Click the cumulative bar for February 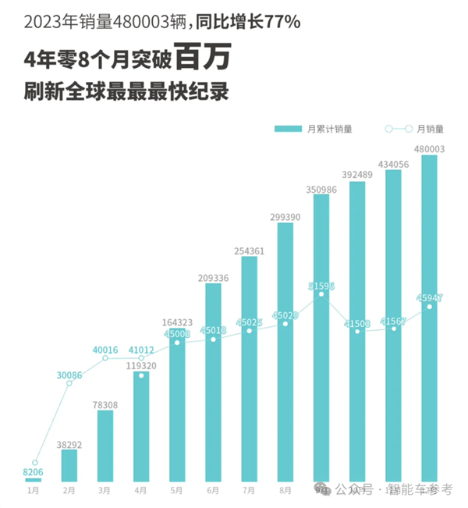69,465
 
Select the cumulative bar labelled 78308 105,446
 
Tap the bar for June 213,382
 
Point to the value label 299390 285,216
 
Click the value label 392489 357,175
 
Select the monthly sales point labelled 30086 69,385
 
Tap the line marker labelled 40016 105,358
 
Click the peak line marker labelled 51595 321,286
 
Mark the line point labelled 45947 429,306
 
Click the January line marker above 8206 34,462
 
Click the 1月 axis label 34,491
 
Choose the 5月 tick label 177,491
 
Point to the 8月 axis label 285,491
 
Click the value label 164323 177,321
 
